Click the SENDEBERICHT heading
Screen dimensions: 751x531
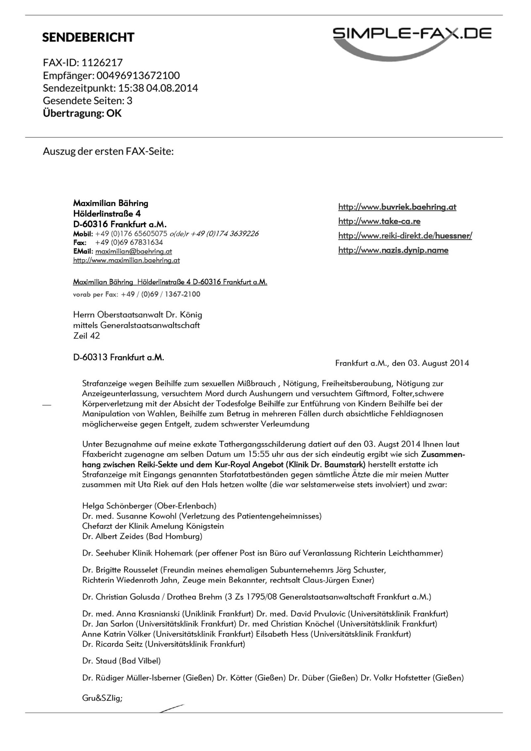(x=88, y=37)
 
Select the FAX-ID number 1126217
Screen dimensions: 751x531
(x=102, y=63)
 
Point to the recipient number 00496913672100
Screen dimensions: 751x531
(x=138, y=75)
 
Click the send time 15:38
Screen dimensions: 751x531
(x=129, y=88)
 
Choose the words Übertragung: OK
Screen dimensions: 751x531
(x=82, y=113)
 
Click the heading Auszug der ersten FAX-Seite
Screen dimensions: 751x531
(x=108, y=151)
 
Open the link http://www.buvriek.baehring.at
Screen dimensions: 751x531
(x=397, y=207)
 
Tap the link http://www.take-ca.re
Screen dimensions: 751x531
(x=379, y=221)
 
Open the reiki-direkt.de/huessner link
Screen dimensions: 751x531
(x=405, y=236)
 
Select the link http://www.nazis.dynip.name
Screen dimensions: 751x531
(x=393, y=250)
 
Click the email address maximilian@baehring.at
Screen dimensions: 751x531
(x=133, y=251)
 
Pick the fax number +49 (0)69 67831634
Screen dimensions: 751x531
(x=129, y=242)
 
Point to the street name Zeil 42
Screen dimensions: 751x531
(x=86, y=336)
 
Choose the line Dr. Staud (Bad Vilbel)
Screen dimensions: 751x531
(x=121, y=661)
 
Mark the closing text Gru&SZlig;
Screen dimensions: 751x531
(x=102, y=698)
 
